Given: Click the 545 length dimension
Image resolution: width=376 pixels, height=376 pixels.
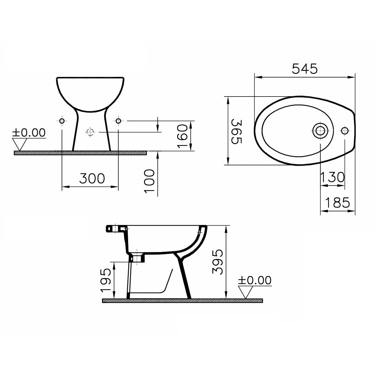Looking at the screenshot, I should (x=305, y=69).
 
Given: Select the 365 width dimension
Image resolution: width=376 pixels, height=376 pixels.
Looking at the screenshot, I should (x=236, y=131).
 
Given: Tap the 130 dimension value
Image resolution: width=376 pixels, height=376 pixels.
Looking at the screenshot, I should (x=332, y=177).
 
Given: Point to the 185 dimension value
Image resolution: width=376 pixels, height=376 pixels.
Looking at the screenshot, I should (x=338, y=202).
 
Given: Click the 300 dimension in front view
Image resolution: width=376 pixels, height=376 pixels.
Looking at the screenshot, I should (x=92, y=178).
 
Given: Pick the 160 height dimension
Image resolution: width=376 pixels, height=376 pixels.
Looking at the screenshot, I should (x=182, y=136).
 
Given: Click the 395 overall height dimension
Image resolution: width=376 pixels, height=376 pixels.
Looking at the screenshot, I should (x=217, y=262).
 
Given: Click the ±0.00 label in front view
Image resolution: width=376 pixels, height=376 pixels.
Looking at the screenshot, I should (x=29, y=133).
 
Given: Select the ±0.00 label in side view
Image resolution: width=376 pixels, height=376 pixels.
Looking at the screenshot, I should (x=255, y=280).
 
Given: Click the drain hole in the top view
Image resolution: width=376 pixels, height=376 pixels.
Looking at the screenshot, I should (x=319, y=130).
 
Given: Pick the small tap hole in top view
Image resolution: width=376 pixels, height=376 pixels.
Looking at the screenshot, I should (x=345, y=130).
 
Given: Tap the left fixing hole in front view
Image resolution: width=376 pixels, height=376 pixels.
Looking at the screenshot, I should (x=62, y=121).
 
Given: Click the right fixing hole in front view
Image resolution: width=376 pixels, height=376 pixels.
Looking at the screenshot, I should (x=118, y=121).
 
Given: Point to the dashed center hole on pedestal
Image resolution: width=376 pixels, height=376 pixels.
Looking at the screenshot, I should (x=90, y=132).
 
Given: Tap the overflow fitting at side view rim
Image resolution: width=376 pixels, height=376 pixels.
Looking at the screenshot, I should (x=115, y=228).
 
